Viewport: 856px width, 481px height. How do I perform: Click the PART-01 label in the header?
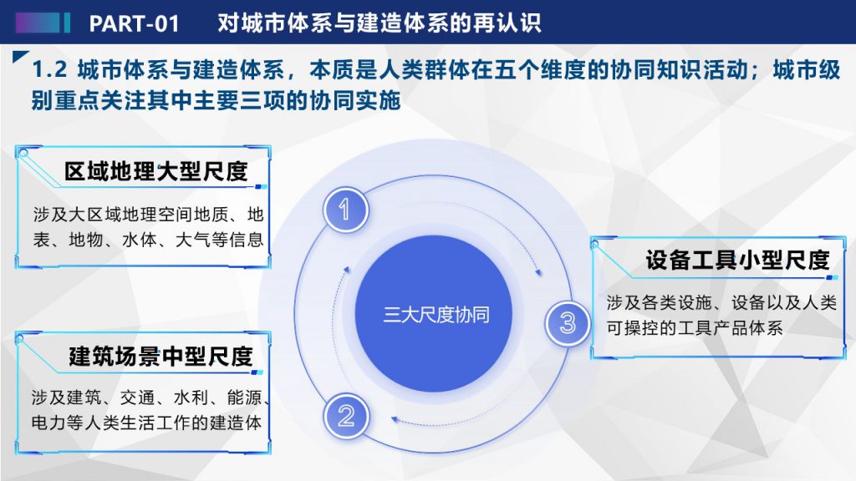pyautogui.click(x=134, y=23)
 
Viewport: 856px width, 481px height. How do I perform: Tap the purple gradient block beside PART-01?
pyautogui.click(x=38, y=23)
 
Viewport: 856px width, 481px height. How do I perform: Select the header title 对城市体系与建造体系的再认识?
pyautogui.click(x=380, y=23)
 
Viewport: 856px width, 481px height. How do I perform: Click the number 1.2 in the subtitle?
pyautogui.click(x=49, y=70)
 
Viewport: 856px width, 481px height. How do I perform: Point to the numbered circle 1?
pyautogui.click(x=345, y=210)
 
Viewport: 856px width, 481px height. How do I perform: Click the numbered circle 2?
pyautogui.click(x=346, y=417)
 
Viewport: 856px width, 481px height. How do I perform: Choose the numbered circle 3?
pyautogui.click(x=568, y=323)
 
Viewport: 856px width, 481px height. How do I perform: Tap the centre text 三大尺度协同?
pyautogui.click(x=436, y=315)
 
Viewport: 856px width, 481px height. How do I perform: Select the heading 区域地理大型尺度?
pyautogui.click(x=156, y=172)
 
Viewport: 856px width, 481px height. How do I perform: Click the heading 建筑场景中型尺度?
pyautogui.click(x=161, y=357)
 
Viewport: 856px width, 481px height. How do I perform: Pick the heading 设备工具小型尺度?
pyautogui.click(x=737, y=261)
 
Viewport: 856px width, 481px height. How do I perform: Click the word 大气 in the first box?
pyautogui.click(x=192, y=240)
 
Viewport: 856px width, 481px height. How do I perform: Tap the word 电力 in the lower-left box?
pyautogui.click(x=48, y=423)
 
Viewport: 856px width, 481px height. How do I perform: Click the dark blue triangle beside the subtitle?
pyautogui.click(x=20, y=56)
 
